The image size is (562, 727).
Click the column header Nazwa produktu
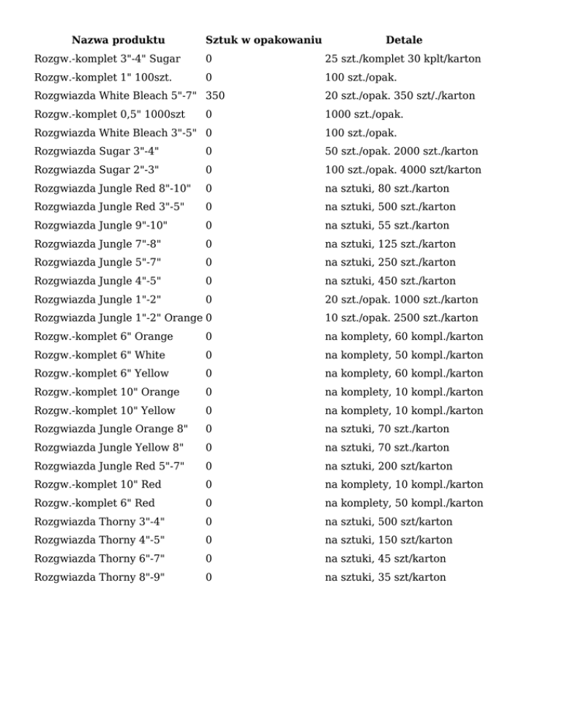(x=118, y=40)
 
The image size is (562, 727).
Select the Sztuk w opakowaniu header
(x=263, y=40)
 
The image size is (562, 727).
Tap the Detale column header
(x=403, y=40)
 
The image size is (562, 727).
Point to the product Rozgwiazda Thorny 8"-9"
(x=100, y=577)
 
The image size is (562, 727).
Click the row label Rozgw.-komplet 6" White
(x=100, y=355)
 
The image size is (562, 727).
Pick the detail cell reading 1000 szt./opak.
(x=364, y=114)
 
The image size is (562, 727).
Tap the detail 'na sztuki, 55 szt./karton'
(x=387, y=225)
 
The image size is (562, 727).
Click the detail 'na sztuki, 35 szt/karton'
(x=385, y=577)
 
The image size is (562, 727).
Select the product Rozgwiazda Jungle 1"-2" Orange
(x=119, y=318)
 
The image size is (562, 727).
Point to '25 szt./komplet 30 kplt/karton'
(x=402, y=59)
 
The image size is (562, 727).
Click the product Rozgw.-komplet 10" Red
(x=98, y=484)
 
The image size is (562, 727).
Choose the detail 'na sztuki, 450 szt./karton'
(x=390, y=281)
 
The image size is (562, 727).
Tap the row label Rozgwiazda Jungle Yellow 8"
(x=109, y=448)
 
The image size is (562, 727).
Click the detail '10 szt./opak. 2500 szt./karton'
(x=402, y=318)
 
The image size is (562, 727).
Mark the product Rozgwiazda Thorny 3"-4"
(x=100, y=521)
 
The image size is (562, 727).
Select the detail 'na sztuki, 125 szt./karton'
(x=390, y=244)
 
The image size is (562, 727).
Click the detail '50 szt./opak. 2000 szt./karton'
(x=402, y=151)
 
